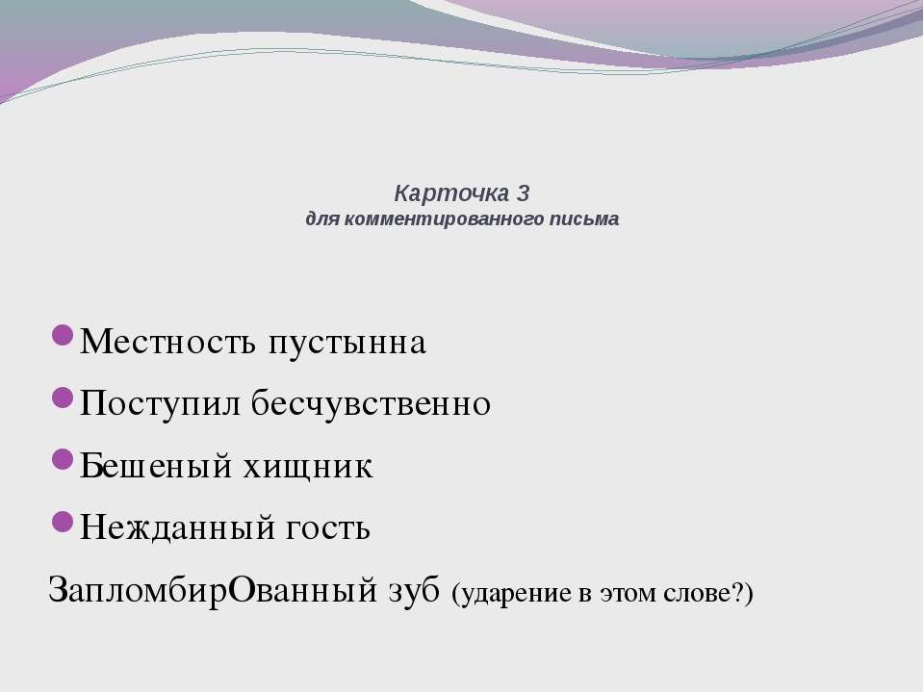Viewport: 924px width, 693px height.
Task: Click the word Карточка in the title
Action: pos(452,193)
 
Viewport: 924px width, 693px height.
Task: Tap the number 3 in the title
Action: pos(524,192)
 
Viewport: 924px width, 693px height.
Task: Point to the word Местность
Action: pos(167,341)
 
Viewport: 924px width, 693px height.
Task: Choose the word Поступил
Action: pos(160,404)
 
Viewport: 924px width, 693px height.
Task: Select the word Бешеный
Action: pos(156,465)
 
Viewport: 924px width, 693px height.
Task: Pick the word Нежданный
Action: pos(177,526)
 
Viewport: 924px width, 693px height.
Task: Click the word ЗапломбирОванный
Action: pos(212,590)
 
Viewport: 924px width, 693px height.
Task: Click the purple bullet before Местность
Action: pos(62,335)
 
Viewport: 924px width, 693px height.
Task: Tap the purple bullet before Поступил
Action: pos(62,398)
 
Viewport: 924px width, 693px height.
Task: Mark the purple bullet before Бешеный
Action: pos(62,458)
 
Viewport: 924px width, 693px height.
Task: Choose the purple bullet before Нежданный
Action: pos(62,521)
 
